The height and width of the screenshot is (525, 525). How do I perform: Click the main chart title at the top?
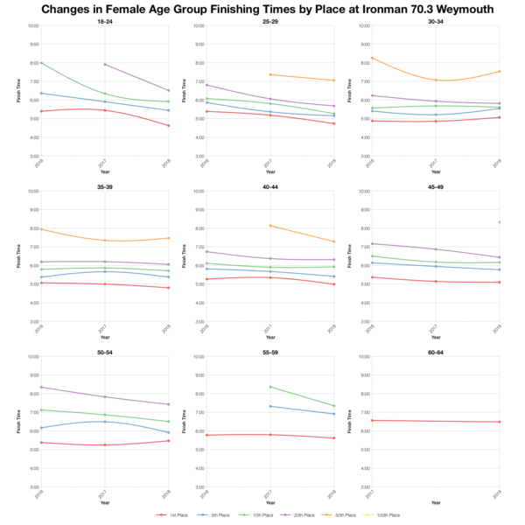[262, 9]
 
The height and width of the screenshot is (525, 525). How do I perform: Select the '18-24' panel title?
[104, 20]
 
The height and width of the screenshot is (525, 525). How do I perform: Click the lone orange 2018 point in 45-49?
[500, 222]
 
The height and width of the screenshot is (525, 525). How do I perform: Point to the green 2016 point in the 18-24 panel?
[40, 63]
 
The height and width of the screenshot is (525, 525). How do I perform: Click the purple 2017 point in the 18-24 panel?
[105, 65]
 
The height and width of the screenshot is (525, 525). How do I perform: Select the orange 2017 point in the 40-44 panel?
[270, 226]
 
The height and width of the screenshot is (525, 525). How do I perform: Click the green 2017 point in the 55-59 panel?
[270, 387]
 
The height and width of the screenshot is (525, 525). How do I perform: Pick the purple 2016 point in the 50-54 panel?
[40, 388]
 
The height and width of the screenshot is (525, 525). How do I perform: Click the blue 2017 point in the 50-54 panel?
[105, 422]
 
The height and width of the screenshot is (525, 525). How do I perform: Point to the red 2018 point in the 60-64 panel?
[500, 422]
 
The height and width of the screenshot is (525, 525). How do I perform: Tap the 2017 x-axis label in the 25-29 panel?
[269, 162]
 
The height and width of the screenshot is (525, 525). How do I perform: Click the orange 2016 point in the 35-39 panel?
[40, 229]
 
